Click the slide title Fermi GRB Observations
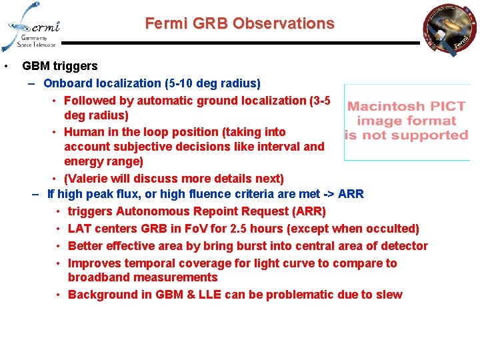(x=239, y=23)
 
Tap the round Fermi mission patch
(x=449, y=31)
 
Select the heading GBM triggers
(x=60, y=66)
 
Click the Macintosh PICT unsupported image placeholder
(x=406, y=122)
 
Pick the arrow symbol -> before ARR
(x=328, y=195)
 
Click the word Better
(x=85, y=246)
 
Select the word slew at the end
(x=389, y=295)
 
